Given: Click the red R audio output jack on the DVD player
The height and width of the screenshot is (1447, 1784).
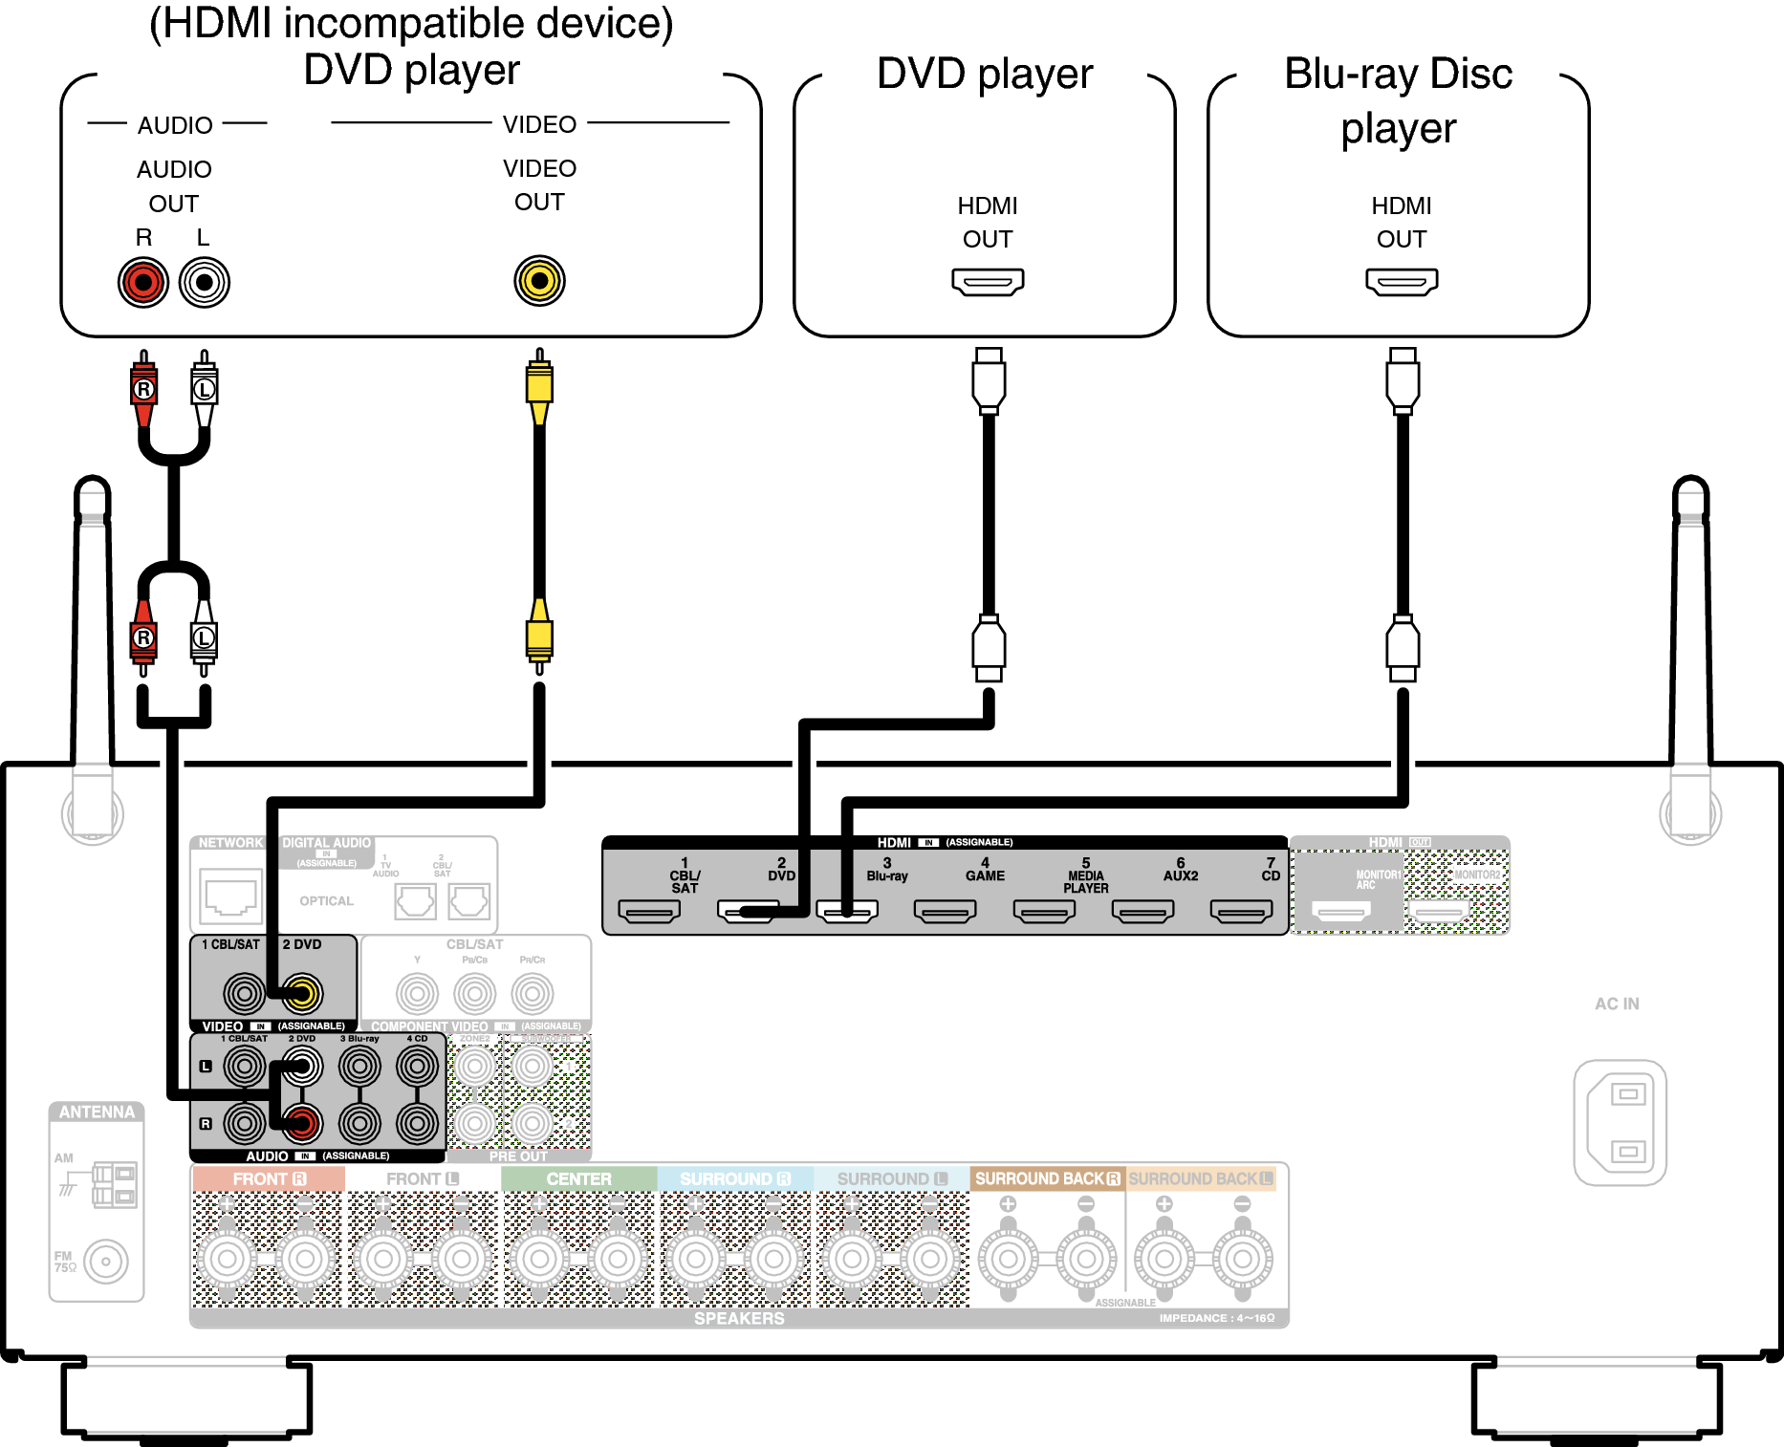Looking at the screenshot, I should click(x=143, y=282).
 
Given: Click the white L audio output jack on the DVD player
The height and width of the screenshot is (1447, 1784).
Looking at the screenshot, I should click(x=204, y=282).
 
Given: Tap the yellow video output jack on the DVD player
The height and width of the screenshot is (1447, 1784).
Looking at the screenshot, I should click(x=539, y=280).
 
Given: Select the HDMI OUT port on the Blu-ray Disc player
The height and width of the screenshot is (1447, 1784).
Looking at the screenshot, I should click(x=1402, y=282).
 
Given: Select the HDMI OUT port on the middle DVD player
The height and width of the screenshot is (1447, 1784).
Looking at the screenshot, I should click(x=988, y=282).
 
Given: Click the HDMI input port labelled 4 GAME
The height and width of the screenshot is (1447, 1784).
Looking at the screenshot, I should click(x=945, y=912).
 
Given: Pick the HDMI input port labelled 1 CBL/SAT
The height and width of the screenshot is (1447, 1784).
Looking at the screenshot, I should click(x=649, y=912).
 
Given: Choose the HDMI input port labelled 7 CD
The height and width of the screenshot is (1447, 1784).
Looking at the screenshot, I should click(x=1241, y=912).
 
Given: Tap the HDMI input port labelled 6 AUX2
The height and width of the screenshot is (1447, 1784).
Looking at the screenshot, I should click(x=1142, y=912).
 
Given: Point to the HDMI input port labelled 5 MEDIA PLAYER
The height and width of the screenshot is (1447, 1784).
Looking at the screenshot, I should click(x=1044, y=912).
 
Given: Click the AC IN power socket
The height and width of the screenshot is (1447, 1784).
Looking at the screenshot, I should click(x=1621, y=1122).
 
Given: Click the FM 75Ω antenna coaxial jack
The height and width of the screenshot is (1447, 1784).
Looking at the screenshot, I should click(x=106, y=1262).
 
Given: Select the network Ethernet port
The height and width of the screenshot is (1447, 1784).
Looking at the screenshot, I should click(x=230, y=896).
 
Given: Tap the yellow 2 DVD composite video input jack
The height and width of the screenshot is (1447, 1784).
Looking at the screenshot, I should click(x=303, y=994).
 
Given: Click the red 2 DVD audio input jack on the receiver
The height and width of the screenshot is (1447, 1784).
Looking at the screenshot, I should click(x=303, y=1123).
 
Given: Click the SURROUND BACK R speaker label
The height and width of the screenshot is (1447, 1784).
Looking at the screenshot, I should click(x=1047, y=1178).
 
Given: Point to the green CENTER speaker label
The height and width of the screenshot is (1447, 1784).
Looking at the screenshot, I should click(x=578, y=1178).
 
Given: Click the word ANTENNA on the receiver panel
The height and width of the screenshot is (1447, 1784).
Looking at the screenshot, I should click(x=97, y=1112).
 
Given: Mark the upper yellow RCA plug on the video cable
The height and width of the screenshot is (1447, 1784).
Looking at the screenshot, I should click(x=539, y=385).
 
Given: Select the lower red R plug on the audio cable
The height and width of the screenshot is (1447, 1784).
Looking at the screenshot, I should click(x=143, y=637).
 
